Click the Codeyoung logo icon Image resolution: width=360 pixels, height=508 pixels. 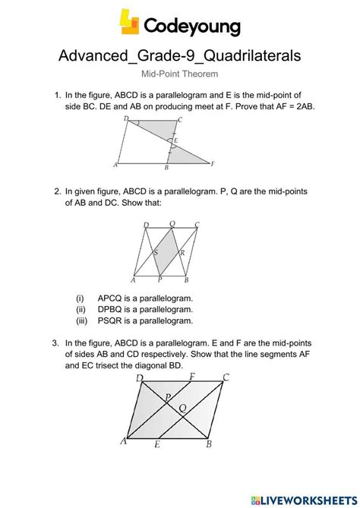click(130, 22)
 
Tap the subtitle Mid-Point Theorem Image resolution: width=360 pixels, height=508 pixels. click(180, 74)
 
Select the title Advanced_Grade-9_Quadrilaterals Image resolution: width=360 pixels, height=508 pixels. click(180, 55)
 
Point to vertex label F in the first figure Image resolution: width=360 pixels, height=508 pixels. click(213, 163)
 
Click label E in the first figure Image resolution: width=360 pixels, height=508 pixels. click(176, 140)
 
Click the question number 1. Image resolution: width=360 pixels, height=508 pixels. click(57, 96)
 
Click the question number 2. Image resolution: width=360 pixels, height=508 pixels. click(57, 193)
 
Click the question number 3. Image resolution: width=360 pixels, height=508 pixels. click(57, 342)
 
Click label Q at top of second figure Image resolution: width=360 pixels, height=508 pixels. click(172, 224)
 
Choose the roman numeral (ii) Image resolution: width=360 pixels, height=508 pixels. click(81, 309)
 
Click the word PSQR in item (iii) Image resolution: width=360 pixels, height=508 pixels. click(112, 320)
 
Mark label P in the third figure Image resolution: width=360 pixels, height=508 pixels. click(166, 397)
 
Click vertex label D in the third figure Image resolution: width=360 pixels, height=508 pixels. click(139, 378)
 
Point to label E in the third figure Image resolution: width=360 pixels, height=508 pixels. click(156, 445)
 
